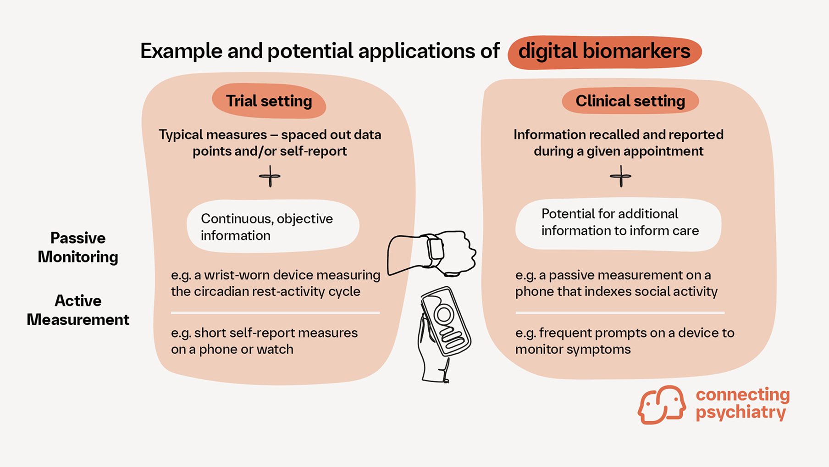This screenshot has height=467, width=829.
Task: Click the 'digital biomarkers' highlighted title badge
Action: coord(604,52)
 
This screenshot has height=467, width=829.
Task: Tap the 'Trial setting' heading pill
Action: coord(269,101)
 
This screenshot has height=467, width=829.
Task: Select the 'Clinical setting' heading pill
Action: coord(630,101)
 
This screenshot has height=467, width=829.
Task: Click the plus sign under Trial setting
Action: coord(270,177)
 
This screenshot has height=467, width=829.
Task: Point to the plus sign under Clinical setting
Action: coord(620,177)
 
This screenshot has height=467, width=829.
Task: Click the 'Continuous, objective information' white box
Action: coord(273,227)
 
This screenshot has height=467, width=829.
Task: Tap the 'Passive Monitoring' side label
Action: coord(78,247)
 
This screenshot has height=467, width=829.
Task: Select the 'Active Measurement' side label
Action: coord(78,310)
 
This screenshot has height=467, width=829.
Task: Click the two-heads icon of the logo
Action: coord(662,405)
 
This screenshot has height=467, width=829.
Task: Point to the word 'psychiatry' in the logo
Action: coord(741,412)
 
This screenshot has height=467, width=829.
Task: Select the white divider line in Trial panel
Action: coord(275,313)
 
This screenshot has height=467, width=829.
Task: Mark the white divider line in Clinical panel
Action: coord(620,313)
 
